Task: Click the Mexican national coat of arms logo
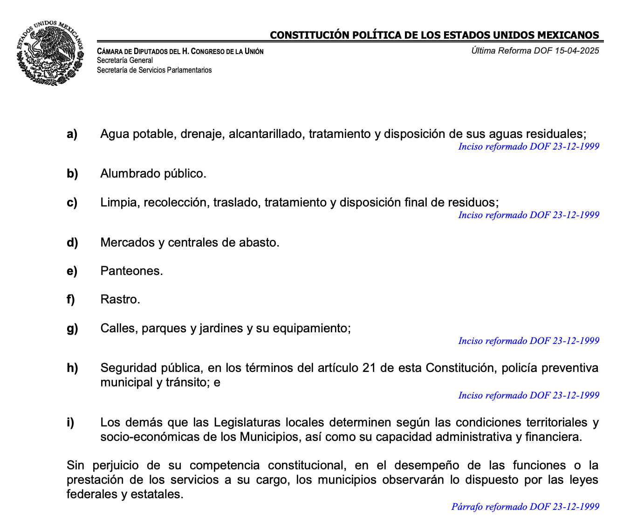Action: tap(50, 53)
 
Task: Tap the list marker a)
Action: tap(72, 134)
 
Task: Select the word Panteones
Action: tap(131, 271)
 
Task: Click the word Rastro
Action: tap(120, 300)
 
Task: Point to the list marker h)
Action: tap(72, 368)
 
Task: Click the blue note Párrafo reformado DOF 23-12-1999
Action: tap(525, 507)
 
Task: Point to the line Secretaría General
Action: tap(125, 61)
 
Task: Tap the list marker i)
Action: tap(70, 423)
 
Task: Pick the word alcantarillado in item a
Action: tap(267, 134)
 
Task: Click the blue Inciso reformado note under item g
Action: tap(528, 341)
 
